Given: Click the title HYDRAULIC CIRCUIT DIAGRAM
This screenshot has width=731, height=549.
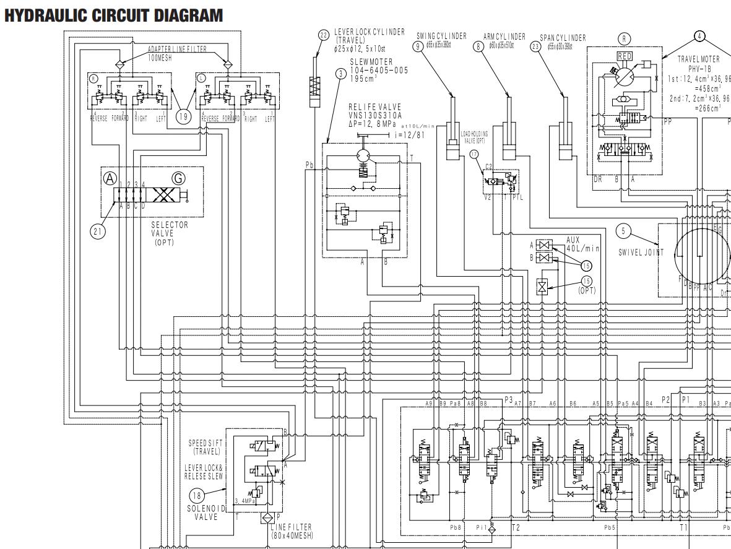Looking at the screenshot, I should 113,16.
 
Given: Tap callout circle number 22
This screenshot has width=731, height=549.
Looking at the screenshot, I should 324,35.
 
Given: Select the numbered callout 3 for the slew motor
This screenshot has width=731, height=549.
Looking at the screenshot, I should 341,73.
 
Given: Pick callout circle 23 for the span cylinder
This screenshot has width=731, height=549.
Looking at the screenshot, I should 535,45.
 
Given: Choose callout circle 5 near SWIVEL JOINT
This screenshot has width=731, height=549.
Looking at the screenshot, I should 625,231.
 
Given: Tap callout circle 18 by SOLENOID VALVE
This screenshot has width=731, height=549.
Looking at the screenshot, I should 197,495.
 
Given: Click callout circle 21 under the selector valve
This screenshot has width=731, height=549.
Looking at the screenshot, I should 97,231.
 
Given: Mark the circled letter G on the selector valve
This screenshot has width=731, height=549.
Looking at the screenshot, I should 179,179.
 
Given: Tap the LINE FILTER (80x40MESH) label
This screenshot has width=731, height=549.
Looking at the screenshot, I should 292,531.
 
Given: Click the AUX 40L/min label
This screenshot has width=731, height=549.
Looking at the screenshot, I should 582,244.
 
